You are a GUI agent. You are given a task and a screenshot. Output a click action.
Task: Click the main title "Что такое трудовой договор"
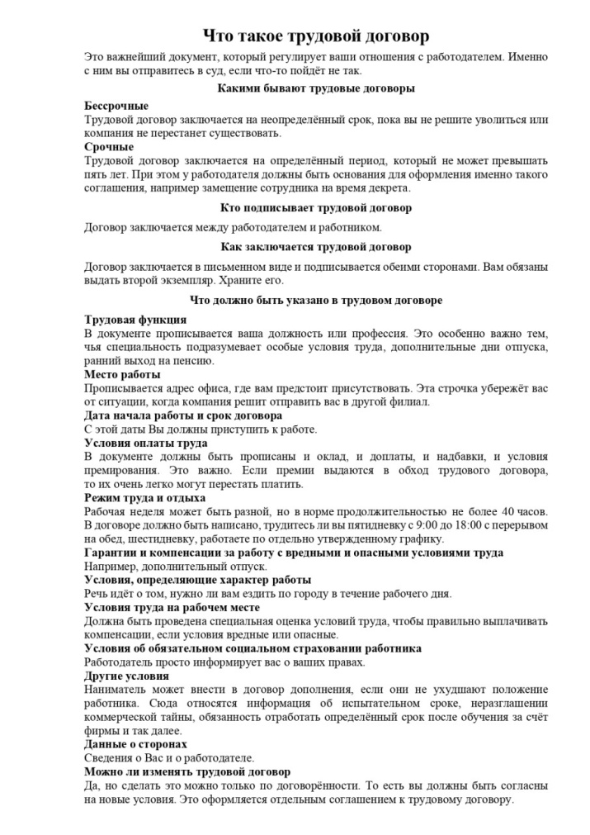(x=317, y=37)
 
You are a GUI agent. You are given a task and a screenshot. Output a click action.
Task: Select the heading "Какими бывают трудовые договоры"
(x=316, y=88)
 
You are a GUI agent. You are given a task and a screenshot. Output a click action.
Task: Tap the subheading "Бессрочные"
(x=116, y=107)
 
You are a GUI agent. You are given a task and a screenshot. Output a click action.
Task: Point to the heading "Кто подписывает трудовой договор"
(x=317, y=208)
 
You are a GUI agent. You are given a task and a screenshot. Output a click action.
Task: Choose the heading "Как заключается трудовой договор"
(x=316, y=247)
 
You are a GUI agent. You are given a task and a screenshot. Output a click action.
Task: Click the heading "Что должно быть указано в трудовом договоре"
(x=316, y=301)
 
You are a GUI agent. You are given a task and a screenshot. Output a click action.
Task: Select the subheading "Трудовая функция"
(x=135, y=320)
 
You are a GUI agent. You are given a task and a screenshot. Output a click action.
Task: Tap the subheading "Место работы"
(x=124, y=374)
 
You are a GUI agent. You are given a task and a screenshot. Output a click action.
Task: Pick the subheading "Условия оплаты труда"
(x=146, y=443)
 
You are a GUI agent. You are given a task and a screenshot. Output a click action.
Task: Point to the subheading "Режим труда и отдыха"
(x=145, y=497)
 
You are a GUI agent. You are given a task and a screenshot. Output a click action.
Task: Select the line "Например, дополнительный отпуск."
(x=176, y=567)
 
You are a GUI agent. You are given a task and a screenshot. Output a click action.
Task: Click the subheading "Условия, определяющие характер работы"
(x=198, y=580)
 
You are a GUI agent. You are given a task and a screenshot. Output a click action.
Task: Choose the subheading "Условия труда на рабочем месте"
(x=172, y=607)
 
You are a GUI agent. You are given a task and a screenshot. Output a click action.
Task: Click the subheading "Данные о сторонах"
(x=136, y=744)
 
